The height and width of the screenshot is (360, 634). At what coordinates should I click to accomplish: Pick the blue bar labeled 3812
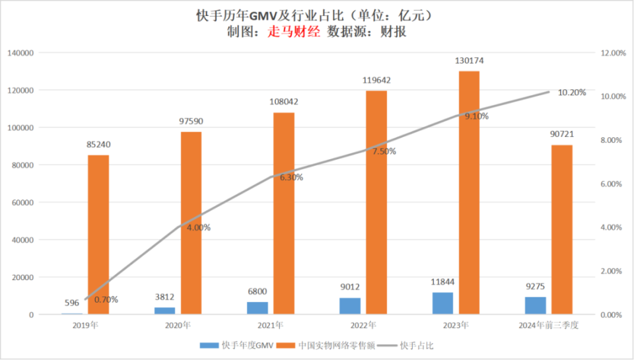tap(164, 310)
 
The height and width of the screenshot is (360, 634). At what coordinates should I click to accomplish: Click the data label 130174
tap(470, 61)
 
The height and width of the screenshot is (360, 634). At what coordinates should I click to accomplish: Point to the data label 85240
tap(98, 145)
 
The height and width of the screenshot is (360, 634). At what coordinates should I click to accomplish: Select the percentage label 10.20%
tap(572, 92)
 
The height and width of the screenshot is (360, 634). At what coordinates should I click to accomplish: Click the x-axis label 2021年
tap(271, 326)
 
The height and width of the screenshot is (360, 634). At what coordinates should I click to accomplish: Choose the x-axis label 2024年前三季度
tap(549, 326)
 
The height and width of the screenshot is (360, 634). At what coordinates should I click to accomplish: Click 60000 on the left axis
tap(23, 202)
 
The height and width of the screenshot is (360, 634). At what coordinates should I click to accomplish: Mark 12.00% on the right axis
tap(612, 52)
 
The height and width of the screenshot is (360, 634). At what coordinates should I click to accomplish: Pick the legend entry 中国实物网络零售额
tap(335, 345)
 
